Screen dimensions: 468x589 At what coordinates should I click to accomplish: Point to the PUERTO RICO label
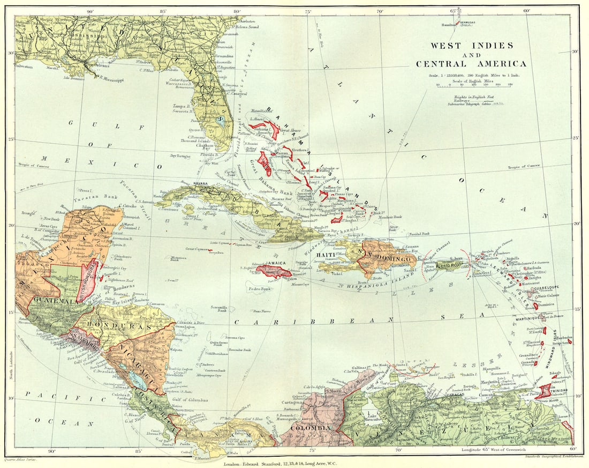tap(449, 265)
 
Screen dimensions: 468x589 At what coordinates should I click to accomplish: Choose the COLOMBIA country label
tap(311, 428)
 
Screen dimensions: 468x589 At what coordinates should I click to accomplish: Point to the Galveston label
tap(22, 67)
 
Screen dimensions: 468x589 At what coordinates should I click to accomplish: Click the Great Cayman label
tap(197, 249)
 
